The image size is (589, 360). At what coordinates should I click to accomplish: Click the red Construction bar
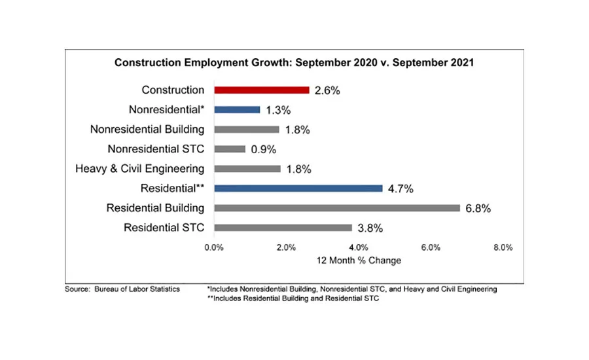point(261,90)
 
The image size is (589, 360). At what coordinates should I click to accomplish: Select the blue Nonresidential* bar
point(237,110)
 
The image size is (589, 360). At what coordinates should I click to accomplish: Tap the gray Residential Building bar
point(336,208)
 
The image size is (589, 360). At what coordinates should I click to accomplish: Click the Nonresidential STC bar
point(230,149)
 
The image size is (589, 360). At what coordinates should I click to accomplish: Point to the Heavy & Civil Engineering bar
point(247,169)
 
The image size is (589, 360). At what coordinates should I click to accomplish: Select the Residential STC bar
point(283,228)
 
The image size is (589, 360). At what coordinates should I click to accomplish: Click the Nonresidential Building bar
point(247,130)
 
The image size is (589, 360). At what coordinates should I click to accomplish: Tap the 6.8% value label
point(478,209)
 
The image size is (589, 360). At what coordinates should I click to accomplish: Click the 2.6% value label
point(327,91)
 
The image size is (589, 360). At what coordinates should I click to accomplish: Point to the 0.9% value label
point(265,150)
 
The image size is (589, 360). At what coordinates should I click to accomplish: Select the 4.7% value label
point(401,189)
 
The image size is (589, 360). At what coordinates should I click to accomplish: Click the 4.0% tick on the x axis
point(359,247)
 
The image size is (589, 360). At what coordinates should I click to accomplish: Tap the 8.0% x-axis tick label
point(503,247)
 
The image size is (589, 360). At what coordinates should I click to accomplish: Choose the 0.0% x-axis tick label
point(215,247)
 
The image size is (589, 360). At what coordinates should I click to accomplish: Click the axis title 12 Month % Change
point(359,261)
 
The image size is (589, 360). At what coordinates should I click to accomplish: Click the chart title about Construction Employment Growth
point(294,63)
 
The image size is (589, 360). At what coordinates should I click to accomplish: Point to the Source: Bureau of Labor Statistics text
point(122,289)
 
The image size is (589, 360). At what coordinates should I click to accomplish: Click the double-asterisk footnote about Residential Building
point(293,298)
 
